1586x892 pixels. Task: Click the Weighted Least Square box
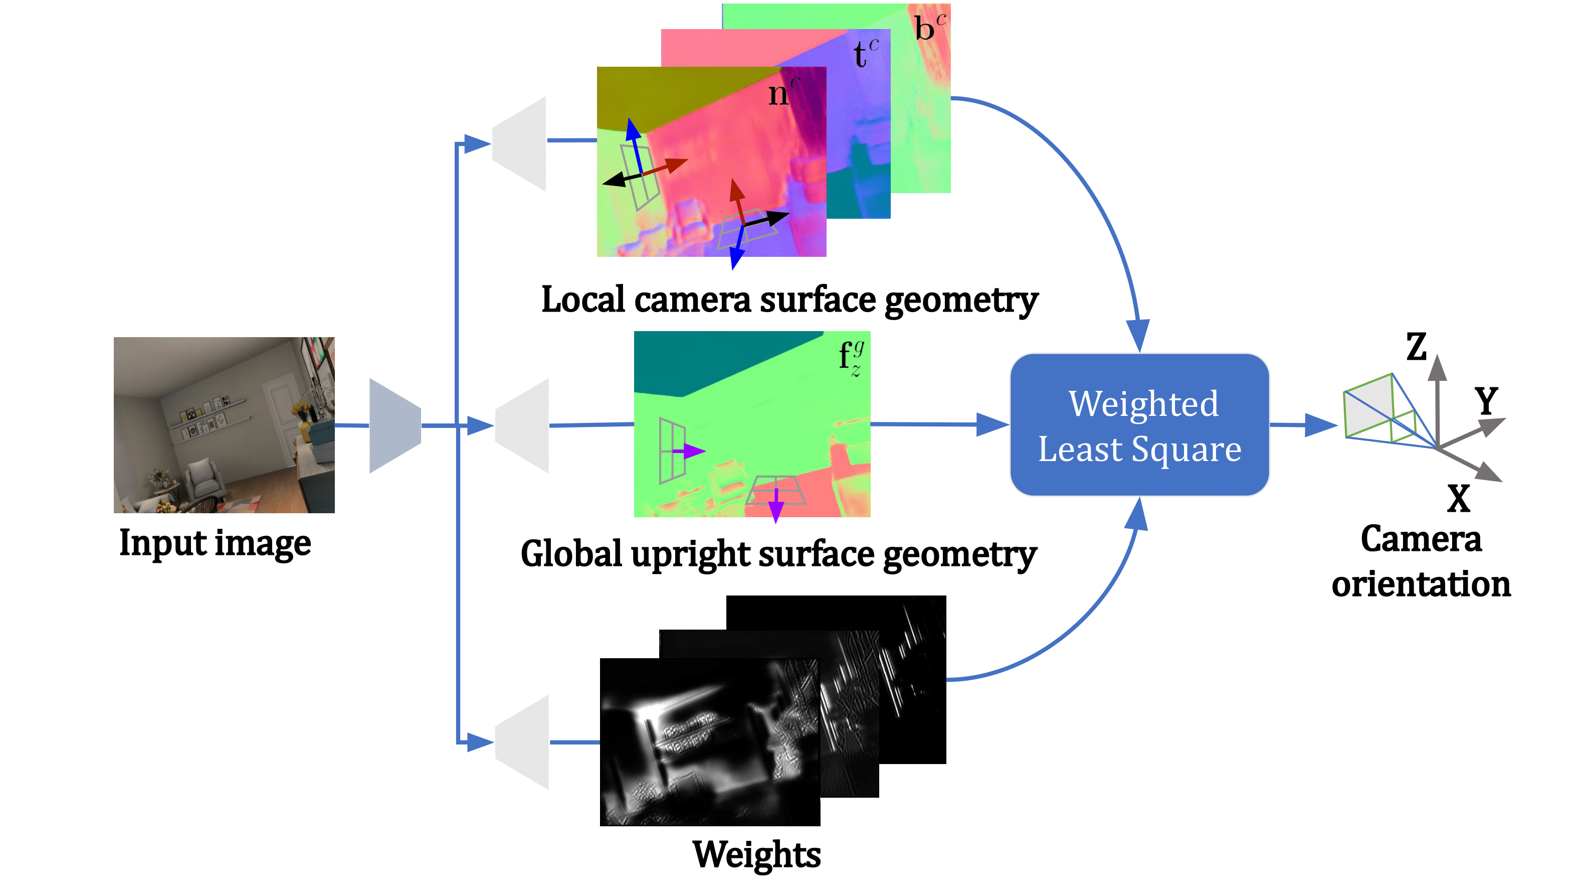pos(1140,425)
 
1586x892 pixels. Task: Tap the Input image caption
pos(215,543)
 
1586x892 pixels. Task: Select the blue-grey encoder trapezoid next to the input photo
pos(394,425)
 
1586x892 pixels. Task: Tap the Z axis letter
pos(1416,347)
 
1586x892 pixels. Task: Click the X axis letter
pos(1459,498)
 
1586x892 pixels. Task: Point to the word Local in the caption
pos(583,300)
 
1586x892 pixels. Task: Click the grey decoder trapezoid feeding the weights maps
pos(523,742)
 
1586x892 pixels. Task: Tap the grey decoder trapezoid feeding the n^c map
pos(521,143)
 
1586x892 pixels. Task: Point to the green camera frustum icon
pos(1379,410)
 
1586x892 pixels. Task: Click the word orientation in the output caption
pos(1421,584)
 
